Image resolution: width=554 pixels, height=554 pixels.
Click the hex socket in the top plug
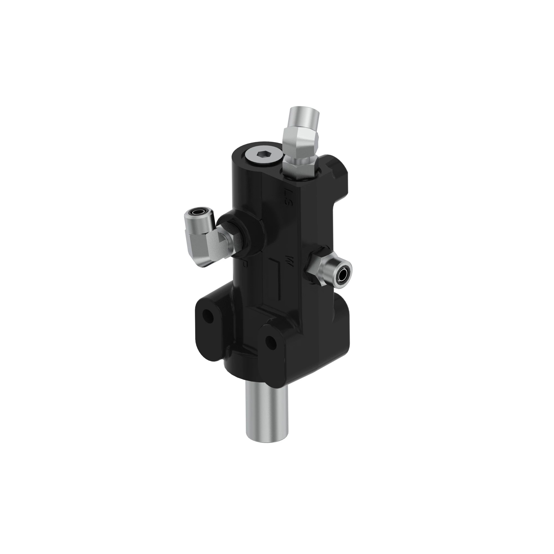coord(262,155)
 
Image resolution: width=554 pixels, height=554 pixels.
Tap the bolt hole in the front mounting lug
coord(270,341)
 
